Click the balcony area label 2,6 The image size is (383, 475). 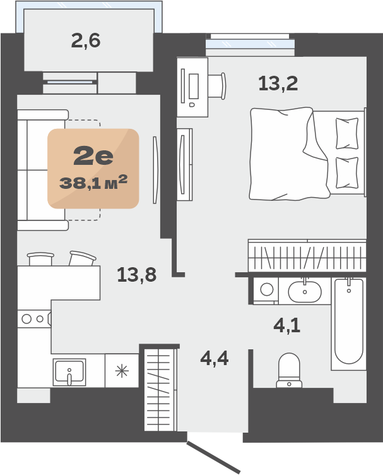86,41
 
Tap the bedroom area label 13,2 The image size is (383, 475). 278,83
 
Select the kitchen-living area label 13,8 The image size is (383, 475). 137,275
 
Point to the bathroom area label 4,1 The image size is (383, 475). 287,325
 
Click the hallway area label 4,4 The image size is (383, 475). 215,359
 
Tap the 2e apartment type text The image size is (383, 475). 93,156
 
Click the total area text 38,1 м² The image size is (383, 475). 93,183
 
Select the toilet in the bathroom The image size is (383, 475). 289,370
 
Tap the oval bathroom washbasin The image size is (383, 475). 305,292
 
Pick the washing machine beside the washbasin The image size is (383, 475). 266,289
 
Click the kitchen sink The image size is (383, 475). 69,372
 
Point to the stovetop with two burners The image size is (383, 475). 34,319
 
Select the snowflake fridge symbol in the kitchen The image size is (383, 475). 122,371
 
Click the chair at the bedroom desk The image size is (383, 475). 217,86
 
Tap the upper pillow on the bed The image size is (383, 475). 347,133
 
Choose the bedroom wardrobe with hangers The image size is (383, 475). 307,255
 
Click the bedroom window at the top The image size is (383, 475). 250,44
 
